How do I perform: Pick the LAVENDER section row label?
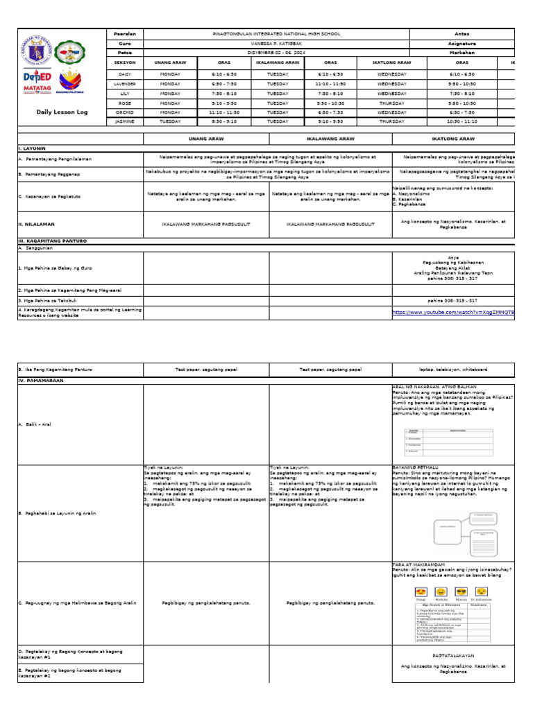(x=125, y=83)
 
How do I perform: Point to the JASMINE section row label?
(x=125, y=121)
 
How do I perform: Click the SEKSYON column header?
(x=125, y=62)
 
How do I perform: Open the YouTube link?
(x=454, y=313)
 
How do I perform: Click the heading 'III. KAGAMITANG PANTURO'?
(x=53, y=241)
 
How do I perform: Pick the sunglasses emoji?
(x=480, y=591)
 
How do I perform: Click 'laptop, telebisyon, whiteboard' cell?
(x=453, y=370)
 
